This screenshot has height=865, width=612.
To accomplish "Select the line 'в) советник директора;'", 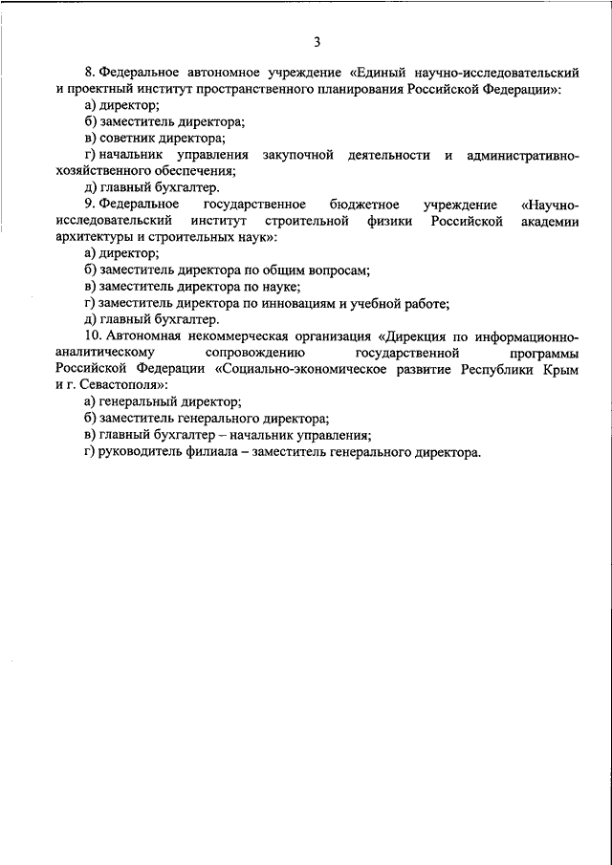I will [x=155, y=138].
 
